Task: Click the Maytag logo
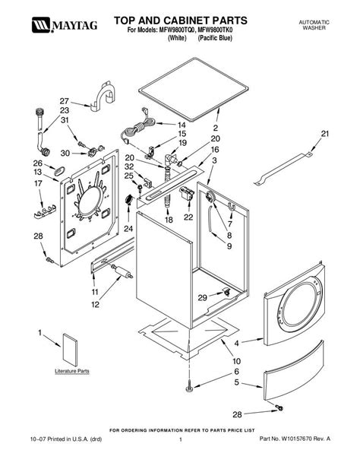[65, 24]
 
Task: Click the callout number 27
[64, 101]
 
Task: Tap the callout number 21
[325, 134]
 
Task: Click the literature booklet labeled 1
[70, 350]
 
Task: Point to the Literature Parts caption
[72, 371]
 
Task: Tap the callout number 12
[96, 305]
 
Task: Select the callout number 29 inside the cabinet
[203, 297]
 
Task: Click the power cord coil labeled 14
[139, 128]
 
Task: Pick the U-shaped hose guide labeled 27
[103, 97]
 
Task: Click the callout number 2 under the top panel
[216, 128]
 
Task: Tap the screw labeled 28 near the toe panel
[279, 407]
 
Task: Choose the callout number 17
[38, 183]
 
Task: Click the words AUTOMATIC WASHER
[314, 25]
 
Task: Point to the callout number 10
[236, 361]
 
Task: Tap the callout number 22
[188, 217]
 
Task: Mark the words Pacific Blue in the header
[216, 38]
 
